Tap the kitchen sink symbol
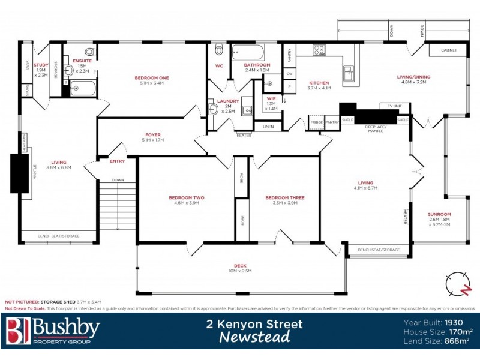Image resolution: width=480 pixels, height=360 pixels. click(349, 74)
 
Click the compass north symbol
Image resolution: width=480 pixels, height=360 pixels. click(459, 283)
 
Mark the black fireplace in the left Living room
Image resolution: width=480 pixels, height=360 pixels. click(20, 173)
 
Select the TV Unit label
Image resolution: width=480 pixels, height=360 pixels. click(394, 106)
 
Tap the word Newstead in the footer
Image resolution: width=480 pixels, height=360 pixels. click(254, 337)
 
